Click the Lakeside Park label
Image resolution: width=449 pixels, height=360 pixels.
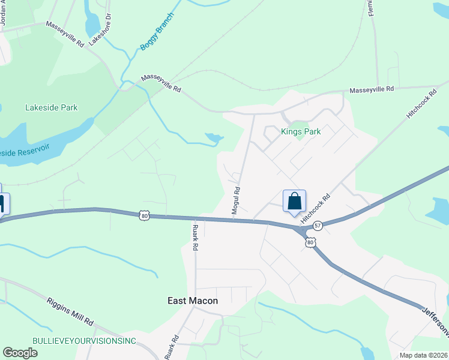[52, 108]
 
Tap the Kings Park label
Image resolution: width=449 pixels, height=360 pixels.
[301, 131]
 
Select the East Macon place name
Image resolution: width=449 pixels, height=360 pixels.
[192, 301]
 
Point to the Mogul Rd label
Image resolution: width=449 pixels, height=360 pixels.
[237, 200]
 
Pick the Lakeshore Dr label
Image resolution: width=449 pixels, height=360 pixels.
[101, 28]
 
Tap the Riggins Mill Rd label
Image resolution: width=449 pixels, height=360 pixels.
[70, 310]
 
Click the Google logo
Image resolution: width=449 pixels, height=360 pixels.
[20, 353]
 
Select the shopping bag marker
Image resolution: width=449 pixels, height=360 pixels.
[294, 202]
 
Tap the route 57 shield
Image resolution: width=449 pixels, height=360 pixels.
[318, 226]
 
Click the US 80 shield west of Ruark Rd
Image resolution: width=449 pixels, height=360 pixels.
[143, 215]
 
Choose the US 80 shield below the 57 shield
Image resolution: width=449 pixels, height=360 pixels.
[310, 242]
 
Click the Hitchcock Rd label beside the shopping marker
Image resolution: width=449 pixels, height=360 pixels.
[316, 209]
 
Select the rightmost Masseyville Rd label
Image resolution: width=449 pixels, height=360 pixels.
[372, 89]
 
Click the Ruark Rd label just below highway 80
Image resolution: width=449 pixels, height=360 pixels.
[195, 238]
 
